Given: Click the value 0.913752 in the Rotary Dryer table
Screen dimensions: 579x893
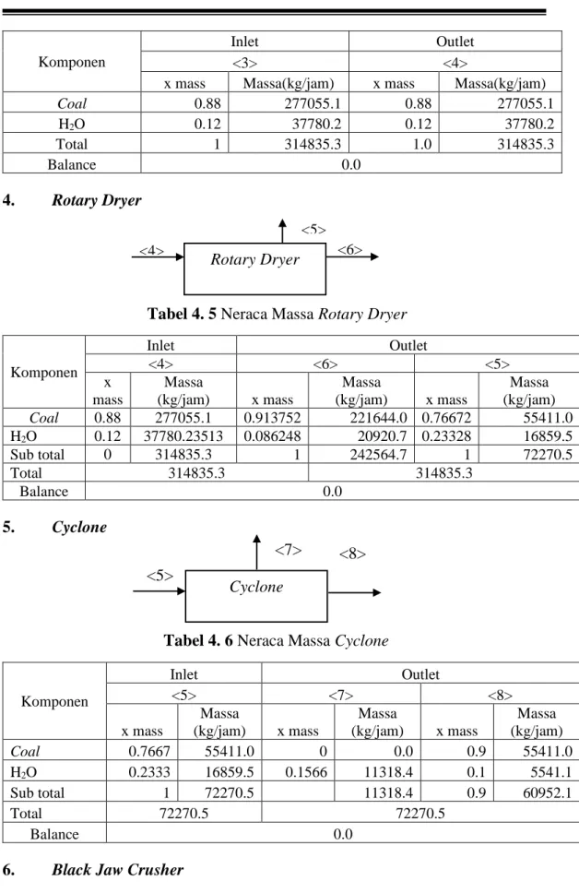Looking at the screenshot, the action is [x=272, y=418].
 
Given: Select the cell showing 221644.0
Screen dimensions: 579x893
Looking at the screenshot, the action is [x=378, y=418].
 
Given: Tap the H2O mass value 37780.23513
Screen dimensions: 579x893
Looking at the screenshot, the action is [x=183, y=436].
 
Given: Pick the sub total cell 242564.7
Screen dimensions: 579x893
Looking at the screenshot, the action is [x=378, y=455].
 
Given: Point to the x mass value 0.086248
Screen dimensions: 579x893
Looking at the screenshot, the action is [x=272, y=436].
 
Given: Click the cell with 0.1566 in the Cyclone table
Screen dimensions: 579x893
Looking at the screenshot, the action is [x=306, y=772].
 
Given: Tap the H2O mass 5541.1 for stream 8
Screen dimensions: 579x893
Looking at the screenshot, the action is [x=551, y=772].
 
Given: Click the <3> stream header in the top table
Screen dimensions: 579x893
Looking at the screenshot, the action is [x=245, y=62].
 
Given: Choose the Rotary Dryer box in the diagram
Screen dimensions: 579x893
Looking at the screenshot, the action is [x=255, y=268].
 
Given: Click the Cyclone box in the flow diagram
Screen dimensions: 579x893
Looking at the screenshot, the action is [x=256, y=596].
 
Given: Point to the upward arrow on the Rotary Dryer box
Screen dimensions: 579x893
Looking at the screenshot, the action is [x=283, y=231].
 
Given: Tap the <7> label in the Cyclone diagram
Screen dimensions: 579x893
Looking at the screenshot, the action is [x=288, y=550].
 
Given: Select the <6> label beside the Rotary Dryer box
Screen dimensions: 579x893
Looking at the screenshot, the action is [x=349, y=249].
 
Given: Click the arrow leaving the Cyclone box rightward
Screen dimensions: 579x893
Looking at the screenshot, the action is [x=354, y=593].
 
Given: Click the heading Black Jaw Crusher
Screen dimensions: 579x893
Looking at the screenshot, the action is [x=117, y=870].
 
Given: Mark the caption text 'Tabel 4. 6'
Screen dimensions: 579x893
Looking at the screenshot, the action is [x=198, y=641].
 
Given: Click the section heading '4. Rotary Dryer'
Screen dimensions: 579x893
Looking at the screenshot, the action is [x=72, y=200].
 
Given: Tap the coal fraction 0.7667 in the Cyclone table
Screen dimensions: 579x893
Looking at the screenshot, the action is [x=149, y=752].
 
